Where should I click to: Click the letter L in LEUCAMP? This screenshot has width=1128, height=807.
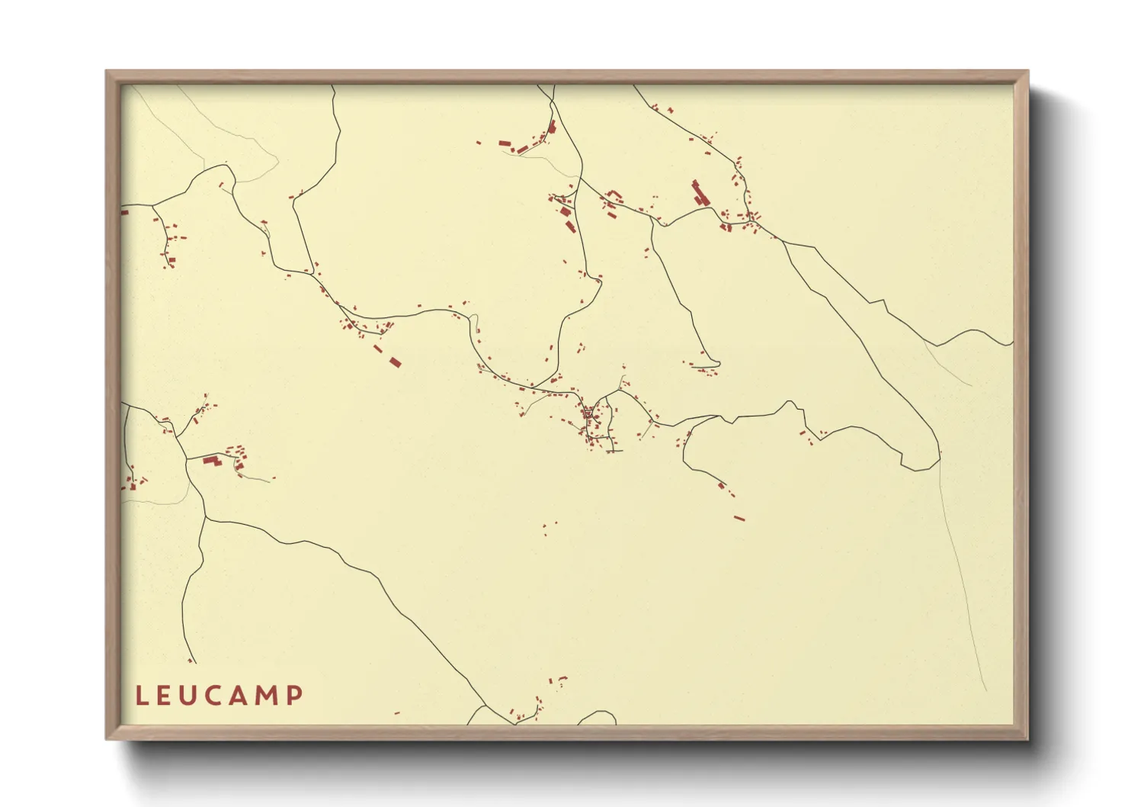click(x=141, y=695)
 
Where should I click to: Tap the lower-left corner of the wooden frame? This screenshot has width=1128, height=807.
click(x=107, y=738)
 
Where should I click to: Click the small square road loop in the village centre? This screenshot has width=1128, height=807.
click(x=588, y=414)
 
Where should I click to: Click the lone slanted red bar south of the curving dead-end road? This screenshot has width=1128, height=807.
click(x=739, y=519)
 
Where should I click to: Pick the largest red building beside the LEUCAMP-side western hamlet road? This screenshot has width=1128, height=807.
click(x=211, y=460)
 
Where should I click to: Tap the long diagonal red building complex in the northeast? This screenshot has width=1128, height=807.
click(x=700, y=193)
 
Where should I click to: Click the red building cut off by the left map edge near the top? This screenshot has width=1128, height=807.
click(x=124, y=213)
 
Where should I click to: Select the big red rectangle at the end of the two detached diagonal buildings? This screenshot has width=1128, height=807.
click(x=395, y=362)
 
